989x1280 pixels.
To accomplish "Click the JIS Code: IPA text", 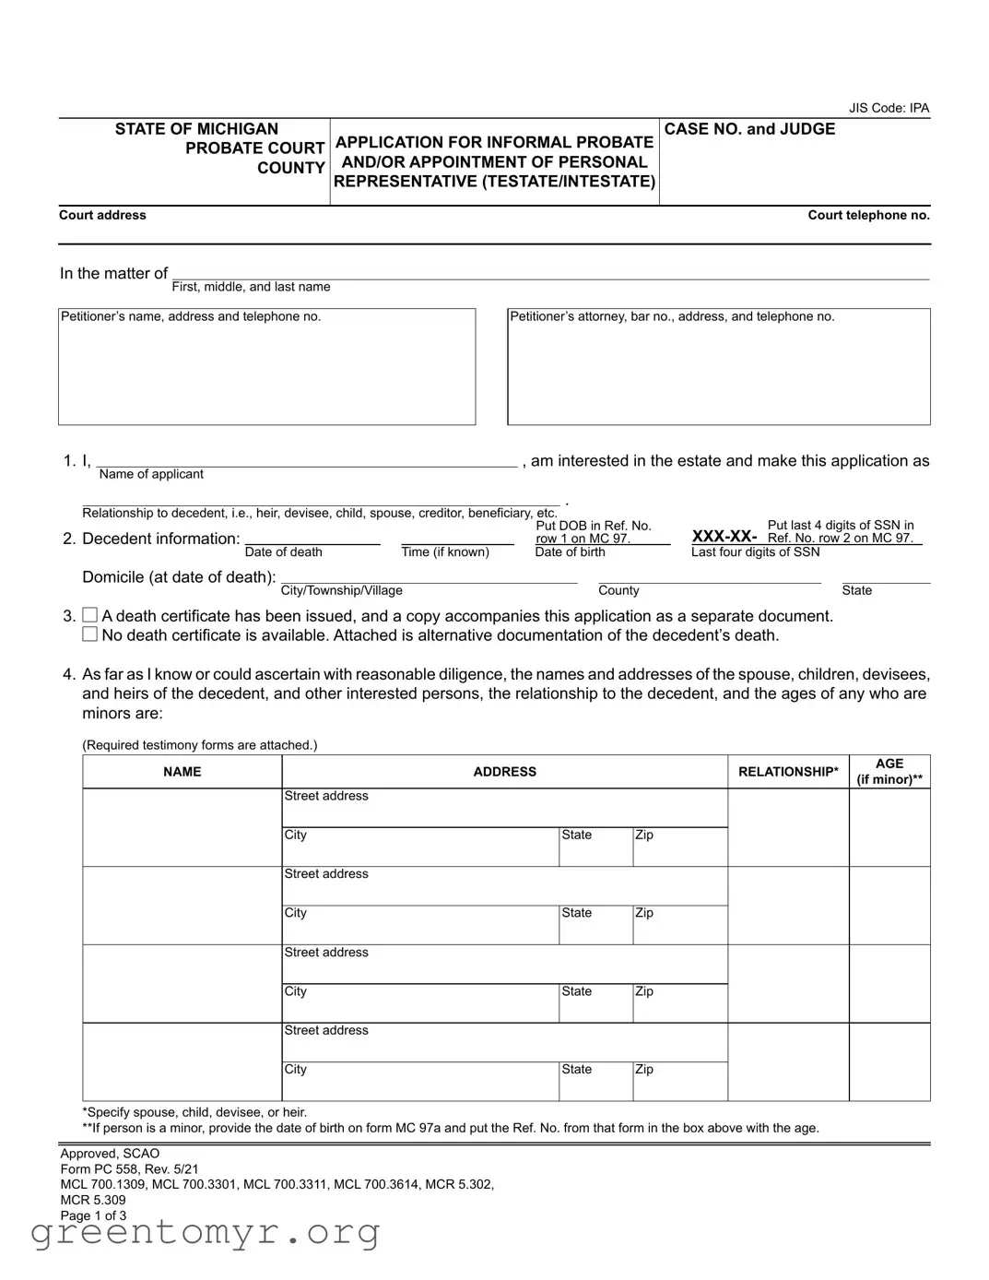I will [889, 108].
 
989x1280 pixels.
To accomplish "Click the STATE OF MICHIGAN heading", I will [196, 129].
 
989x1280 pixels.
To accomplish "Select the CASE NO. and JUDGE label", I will [749, 129].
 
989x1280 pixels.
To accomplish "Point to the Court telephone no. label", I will [868, 215].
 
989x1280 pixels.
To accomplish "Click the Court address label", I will [102, 215].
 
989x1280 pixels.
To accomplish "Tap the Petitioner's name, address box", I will [266, 367].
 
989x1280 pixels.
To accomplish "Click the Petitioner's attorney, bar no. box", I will [718, 367].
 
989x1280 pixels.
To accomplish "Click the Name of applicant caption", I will [151, 474].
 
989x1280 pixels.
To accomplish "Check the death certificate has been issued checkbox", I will [90, 615].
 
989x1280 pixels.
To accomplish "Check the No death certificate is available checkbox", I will [90, 634].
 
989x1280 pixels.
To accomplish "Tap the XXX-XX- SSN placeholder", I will [724, 537].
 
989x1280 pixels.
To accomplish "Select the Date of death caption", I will [284, 551].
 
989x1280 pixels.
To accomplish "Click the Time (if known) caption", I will [445, 551].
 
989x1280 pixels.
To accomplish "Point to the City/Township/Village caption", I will [341, 590].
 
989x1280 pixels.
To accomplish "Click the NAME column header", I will [182, 772].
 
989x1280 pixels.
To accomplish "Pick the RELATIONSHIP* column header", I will [788, 772].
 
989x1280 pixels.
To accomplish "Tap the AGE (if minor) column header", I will [889, 772].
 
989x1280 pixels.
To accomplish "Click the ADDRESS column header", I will [504, 772].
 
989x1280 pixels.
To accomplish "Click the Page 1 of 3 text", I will [93, 1215].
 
